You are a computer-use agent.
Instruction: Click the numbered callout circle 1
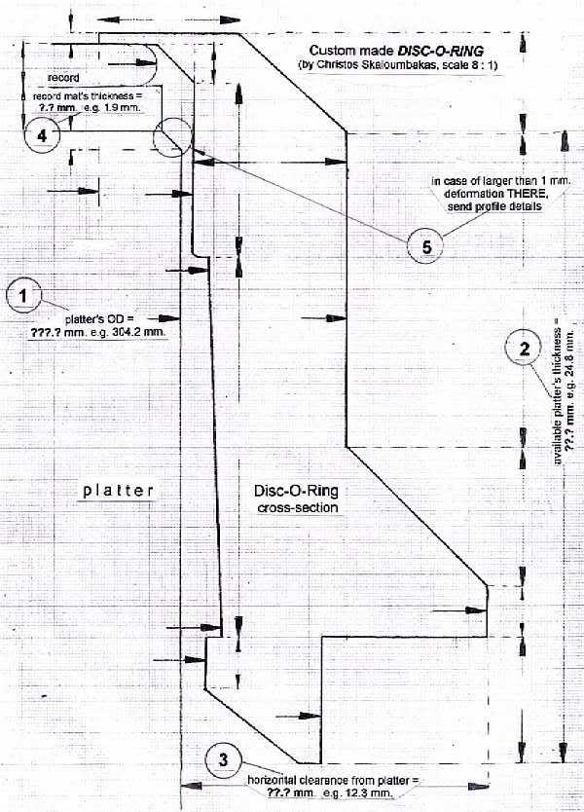[24, 293]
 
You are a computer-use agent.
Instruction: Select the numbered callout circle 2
[524, 349]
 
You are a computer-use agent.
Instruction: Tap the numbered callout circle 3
[223, 758]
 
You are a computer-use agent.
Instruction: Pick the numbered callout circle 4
[41, 136]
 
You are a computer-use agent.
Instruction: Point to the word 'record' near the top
[62, 76]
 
